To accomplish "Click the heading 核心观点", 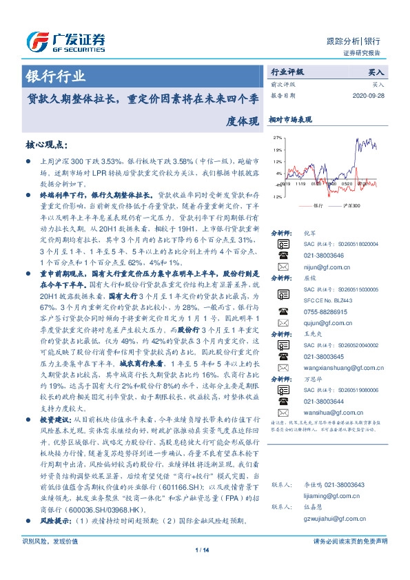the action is click(x=45, y=145).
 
